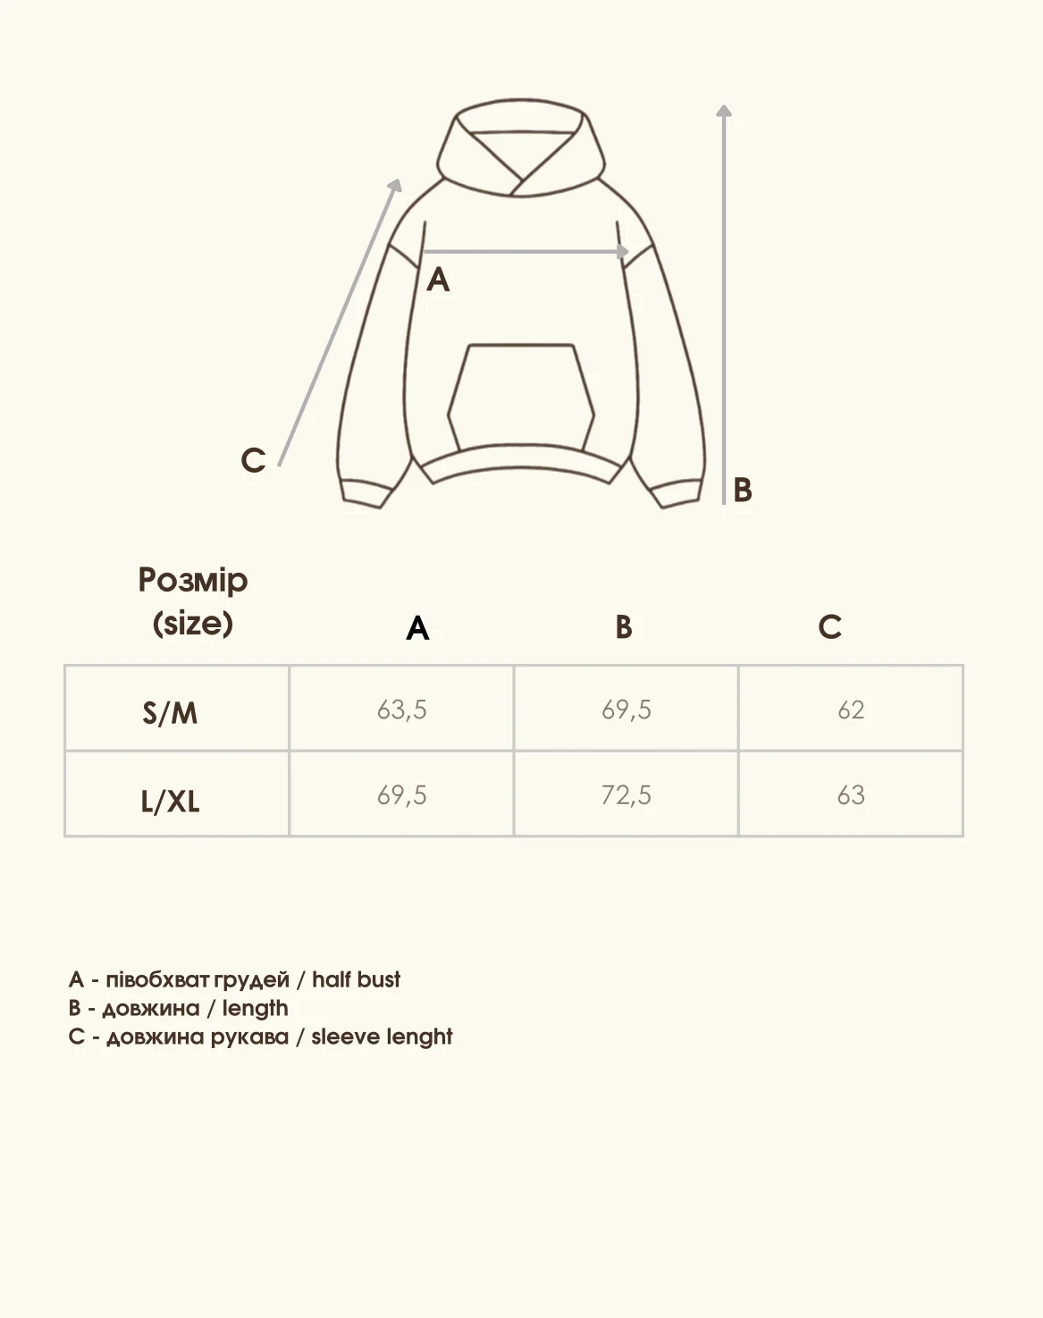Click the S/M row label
[x=170, y=712]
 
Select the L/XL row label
[x=170, y=800]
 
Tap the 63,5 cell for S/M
[x=401, y=709]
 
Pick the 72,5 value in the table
[x=626, y=794]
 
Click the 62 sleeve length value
[x=851, y=709]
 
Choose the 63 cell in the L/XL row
[x=851, y=794]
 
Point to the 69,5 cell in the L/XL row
[x=401, y=794]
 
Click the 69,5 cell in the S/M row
[x=626, y=709]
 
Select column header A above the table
[x=417, y=628]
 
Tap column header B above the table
[x=624, y=627]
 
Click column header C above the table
[x=829, y=627]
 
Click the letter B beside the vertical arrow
[x=743, y=491]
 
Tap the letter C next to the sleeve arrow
[x=253, y=460]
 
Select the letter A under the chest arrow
[x=438, y=281]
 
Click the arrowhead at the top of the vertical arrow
[x=724, y=111]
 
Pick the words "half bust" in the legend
[x=356, y=979]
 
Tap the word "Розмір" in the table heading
[x=193, y=581]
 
